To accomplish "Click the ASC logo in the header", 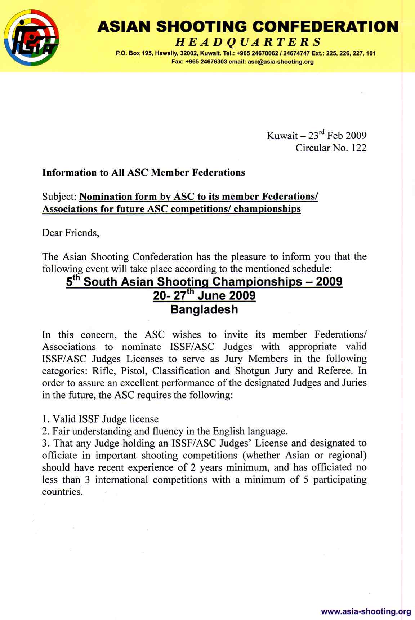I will coord(31,38).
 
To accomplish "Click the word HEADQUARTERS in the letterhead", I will coord(248,42).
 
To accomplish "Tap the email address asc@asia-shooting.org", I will coord(281,62).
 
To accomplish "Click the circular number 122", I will coord(359,148).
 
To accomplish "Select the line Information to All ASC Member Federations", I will coord(143,172).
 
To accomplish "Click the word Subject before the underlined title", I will coord(59,197).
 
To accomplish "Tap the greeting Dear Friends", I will coord(71,233).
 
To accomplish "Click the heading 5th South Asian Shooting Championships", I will coord(204,281).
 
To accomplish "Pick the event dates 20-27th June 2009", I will coord(204,295).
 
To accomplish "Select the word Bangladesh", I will coord(204,309).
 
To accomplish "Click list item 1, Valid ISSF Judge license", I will coord(100,419).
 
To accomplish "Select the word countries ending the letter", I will coord(62,492).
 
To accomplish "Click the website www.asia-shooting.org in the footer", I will coord(366,611).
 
